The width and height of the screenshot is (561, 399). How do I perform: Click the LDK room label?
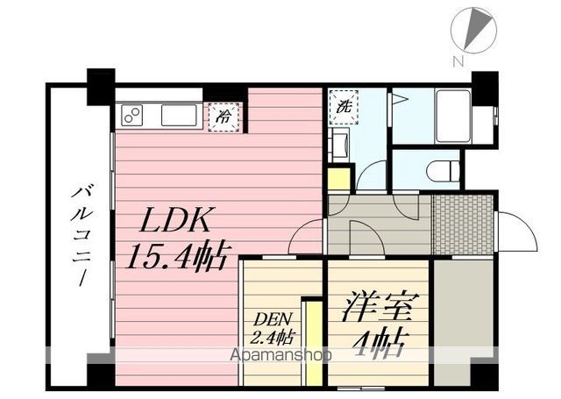point(174,219)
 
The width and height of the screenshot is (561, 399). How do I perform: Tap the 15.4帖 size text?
point(176,256)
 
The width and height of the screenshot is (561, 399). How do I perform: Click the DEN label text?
point(273,319)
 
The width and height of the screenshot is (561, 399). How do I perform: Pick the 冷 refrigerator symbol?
point(224,117)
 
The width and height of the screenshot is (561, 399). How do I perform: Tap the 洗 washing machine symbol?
point(344,107)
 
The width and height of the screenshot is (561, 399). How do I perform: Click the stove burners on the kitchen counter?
point(131,115)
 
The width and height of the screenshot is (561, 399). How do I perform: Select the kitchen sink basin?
point(179,115)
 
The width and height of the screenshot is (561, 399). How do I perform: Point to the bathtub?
point(453,117)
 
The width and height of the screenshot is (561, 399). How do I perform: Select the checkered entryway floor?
point(462,224)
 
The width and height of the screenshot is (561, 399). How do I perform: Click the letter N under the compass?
point(458,62)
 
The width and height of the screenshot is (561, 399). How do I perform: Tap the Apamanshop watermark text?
point(280,355)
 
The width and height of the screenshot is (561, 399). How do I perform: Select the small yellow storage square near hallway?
point(338,179)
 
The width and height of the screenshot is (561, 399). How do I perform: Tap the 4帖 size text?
point(380,342)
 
